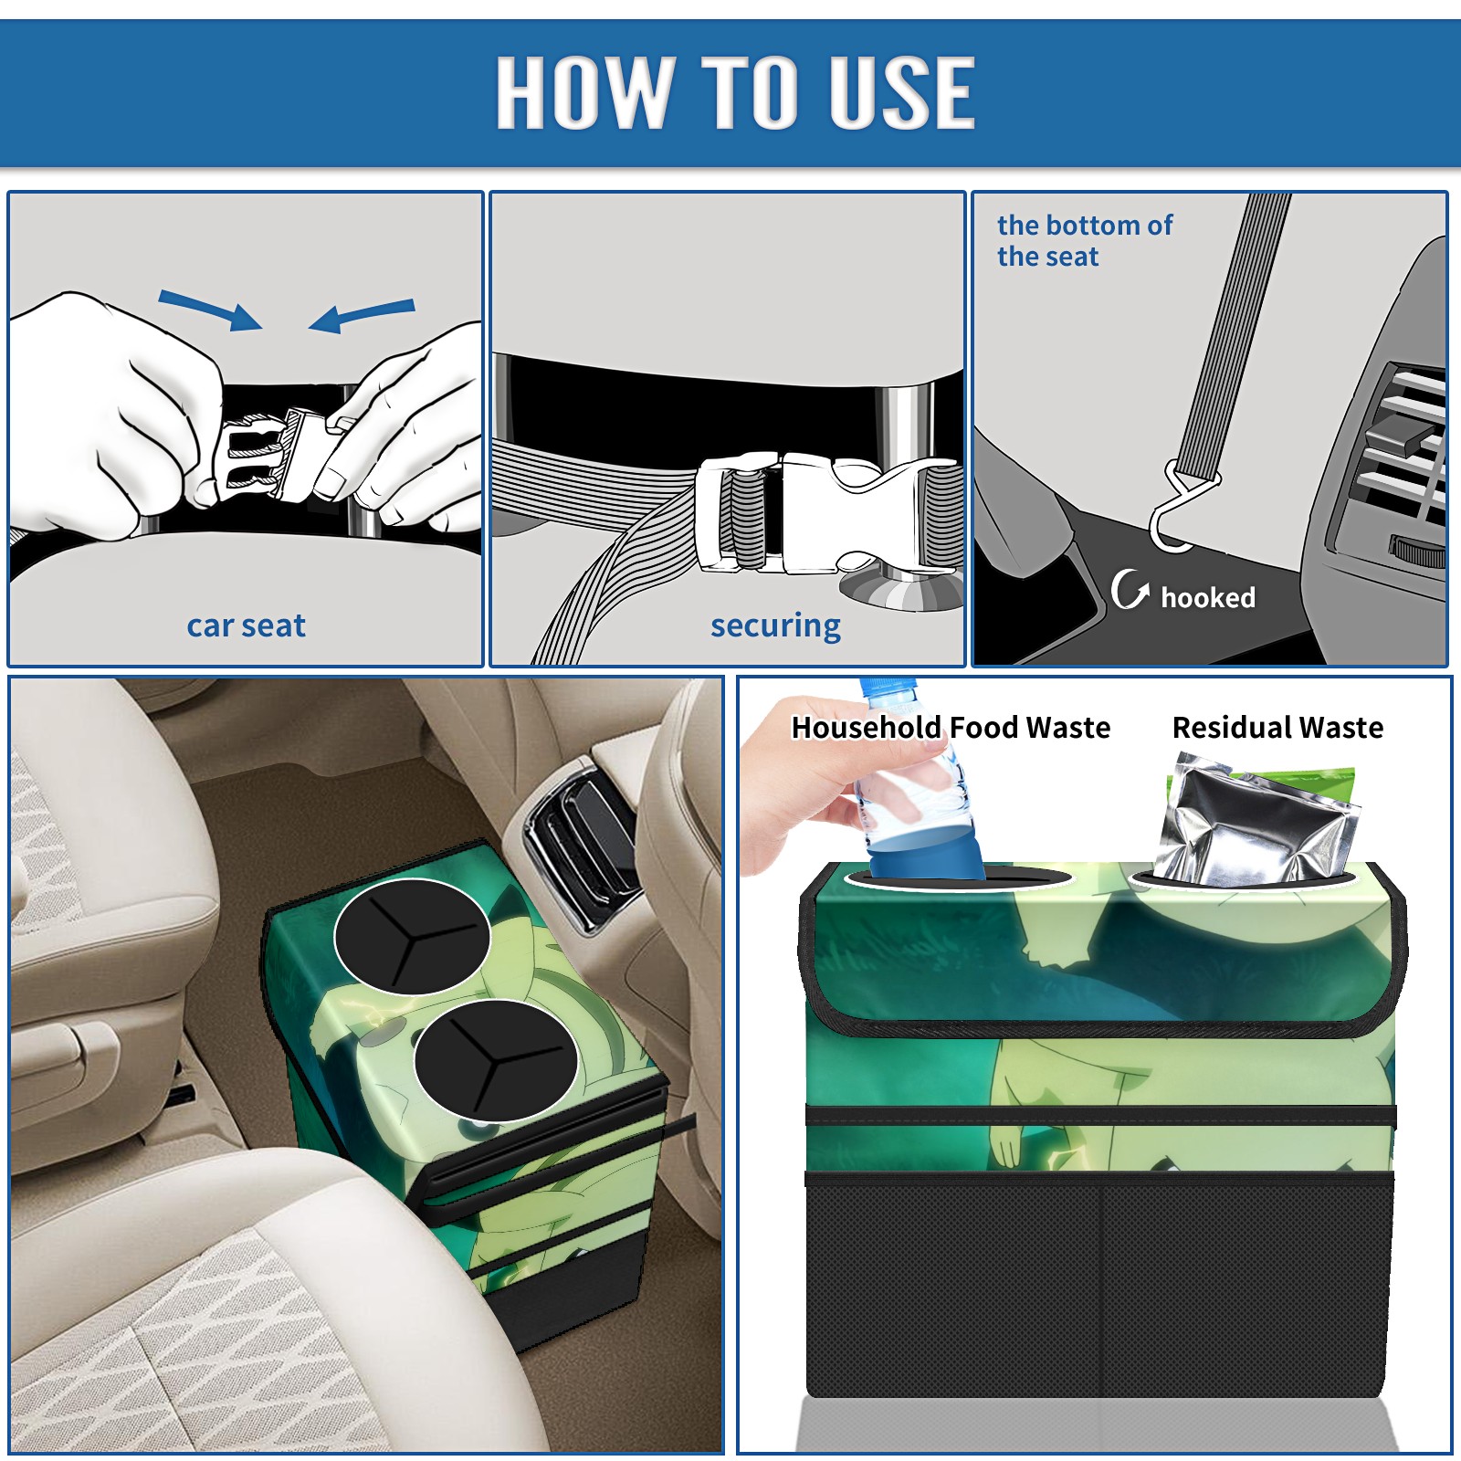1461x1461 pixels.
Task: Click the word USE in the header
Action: (x=902, y=91)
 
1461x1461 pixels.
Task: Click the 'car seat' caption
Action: (x=246, y=625)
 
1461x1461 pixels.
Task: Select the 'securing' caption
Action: (x=775, y=626)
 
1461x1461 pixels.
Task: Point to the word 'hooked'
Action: (x=1208, y=597)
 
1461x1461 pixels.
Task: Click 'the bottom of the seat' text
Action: (x=1084, y=240)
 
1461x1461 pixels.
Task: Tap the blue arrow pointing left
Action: (x=362, y=315)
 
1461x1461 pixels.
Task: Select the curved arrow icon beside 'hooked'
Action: (x=1129, y=589)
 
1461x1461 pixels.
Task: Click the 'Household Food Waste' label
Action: (x=951, y=727)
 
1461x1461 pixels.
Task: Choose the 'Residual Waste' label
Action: (x=1277, y=727)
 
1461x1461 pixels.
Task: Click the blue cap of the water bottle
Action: (x=887, y=688)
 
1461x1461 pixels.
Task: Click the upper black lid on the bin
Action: (x=412, y=937)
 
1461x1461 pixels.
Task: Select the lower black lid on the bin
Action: (x=495, y=1060)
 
